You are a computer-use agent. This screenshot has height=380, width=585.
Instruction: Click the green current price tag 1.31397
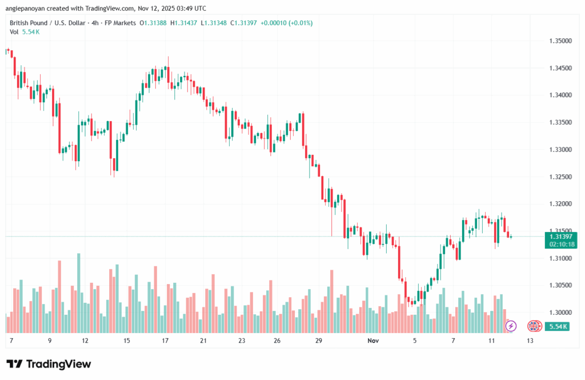tap(560, 237)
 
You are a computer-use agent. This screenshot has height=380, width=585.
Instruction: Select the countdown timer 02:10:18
tap(560, 244)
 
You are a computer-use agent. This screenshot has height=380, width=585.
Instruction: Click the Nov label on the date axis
tap(374, 341)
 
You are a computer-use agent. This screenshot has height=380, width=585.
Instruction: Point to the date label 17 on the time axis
tap(165, 341)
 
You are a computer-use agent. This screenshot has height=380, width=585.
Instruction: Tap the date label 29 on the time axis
tap(319, 341)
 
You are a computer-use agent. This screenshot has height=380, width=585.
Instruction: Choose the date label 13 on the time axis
tap(530, 341)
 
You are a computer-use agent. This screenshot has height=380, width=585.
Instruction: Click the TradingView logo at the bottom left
tap(49, 364)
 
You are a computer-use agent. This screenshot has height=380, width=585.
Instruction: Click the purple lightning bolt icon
tap(511, 326)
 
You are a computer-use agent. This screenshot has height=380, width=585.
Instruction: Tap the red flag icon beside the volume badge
tap(534, 326)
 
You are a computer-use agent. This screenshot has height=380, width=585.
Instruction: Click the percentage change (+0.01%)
tap(301, 23)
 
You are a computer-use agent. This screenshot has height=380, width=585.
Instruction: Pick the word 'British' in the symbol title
tap(21, 23)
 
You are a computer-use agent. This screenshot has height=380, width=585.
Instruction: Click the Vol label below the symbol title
tap(14, 32)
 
